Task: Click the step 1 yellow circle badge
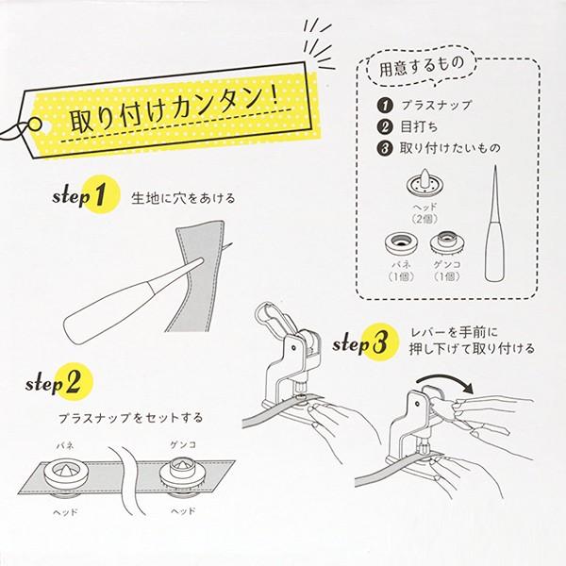click(101, 194)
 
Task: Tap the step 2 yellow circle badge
click(74, 382)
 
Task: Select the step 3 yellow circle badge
click(380, 342)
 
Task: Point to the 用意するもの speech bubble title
click(422, 66)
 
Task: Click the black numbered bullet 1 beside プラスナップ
click(385, 106)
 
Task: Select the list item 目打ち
click(419, 126)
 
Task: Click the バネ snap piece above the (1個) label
click(402, 243)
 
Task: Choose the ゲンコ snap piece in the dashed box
click(447, 242)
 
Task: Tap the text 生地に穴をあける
click(183, 198)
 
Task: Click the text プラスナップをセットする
click(131, 418)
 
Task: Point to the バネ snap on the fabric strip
click(65, 473)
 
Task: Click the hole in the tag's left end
click(35, 125)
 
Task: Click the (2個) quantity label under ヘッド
click(424, 219)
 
